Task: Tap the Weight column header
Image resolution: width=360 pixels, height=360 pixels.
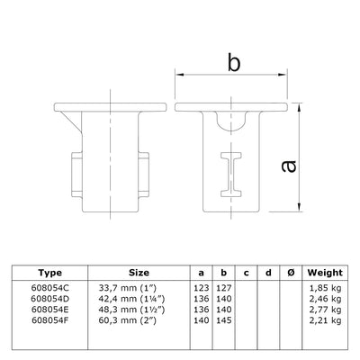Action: pos(323,272)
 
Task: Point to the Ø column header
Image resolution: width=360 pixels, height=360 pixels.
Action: pos(290,272)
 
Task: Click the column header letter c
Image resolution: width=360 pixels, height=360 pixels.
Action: pos(245,272)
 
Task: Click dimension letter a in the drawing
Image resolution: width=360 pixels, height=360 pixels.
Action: pos(313,165)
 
